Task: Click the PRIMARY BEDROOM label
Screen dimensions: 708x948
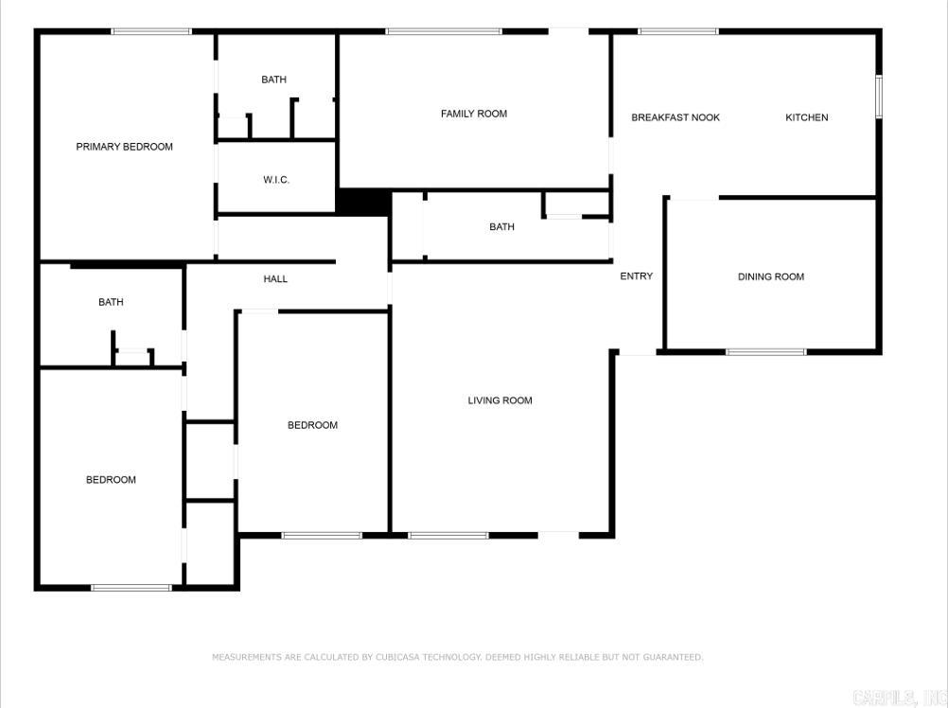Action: pos(124,147)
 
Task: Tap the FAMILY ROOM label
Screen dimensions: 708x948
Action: pos(473,114)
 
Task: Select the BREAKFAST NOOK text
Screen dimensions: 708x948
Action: pos(676,117)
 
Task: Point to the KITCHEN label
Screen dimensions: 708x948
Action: pos(806,117)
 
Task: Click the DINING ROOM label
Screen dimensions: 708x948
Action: pos(770,276)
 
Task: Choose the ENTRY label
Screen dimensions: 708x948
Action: pos(636,276)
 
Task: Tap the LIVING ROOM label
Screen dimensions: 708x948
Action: pos(500,400)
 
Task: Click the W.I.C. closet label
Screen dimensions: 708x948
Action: pos(275,180)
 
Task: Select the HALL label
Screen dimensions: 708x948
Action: pos(275,279)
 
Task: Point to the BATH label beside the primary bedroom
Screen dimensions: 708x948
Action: pos(273,80)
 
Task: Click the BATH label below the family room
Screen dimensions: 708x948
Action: pos(501,227)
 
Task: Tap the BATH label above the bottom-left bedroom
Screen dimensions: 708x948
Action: pos(111,302)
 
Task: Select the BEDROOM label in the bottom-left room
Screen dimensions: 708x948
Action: pos(111,480)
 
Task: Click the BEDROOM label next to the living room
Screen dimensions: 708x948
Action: pos(312,425)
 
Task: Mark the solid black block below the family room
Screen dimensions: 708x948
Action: pos(364,202)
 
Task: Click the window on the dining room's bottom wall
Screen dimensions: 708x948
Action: pos(765,352)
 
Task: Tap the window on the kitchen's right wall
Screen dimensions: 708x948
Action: pos(878,97)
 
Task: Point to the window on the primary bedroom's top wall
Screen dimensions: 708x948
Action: pos(151,31)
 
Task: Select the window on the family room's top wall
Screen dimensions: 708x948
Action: pos(443,31)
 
